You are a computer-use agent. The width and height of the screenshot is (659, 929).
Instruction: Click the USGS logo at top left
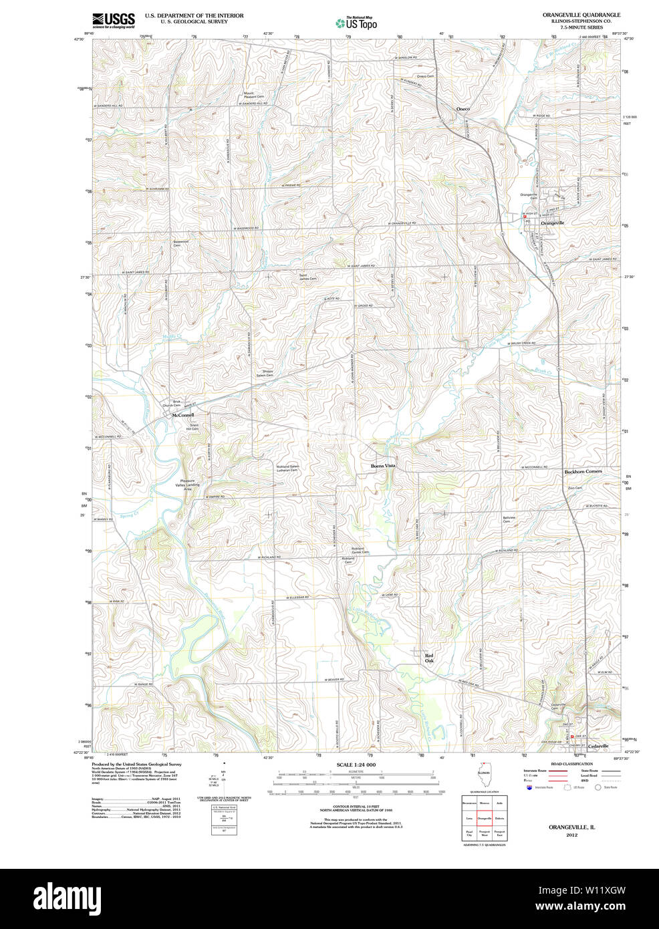pyautogui.click(x=113, y=19)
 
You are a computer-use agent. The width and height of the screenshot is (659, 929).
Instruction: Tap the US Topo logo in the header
pyautogui.click(x=356, y=23)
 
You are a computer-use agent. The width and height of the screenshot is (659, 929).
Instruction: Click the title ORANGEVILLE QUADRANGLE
pyautogui.click(x=581, y=15)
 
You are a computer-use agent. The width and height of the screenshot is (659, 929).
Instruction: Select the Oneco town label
pyautogui.click(x=463, y=108)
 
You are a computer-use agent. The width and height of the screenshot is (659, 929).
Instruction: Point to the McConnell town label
pyautogui.click(x=182, y=415)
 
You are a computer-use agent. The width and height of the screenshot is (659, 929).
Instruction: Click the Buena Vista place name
pyautogui.click(x=383, y=466)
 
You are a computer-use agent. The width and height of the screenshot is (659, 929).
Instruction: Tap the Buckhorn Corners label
pyautogui.click(x=583, y=471)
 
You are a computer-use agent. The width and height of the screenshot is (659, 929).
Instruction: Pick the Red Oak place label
pyautogui.click(x=429, y=658)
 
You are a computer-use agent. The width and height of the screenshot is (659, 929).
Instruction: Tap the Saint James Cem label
pyautogui.click(x=307, y=277)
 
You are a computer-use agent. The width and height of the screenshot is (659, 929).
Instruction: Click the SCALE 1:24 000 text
pyautogui.click(x=356, y=765)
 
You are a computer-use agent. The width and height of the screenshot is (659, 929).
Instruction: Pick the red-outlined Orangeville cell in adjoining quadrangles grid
pyautogui.click(x=485, y=818)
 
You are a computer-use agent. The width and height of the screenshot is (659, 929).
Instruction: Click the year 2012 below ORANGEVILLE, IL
pyautogui.click(x=571, y=835)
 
